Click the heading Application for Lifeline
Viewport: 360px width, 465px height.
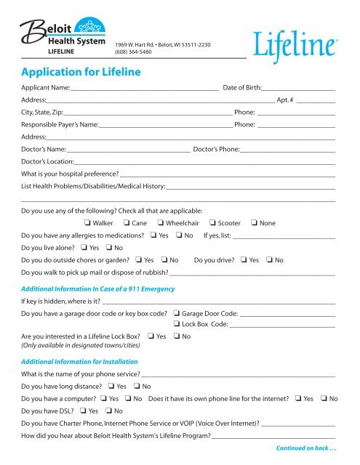[81, 72]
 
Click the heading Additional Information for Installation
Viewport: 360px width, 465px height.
[80, 362]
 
